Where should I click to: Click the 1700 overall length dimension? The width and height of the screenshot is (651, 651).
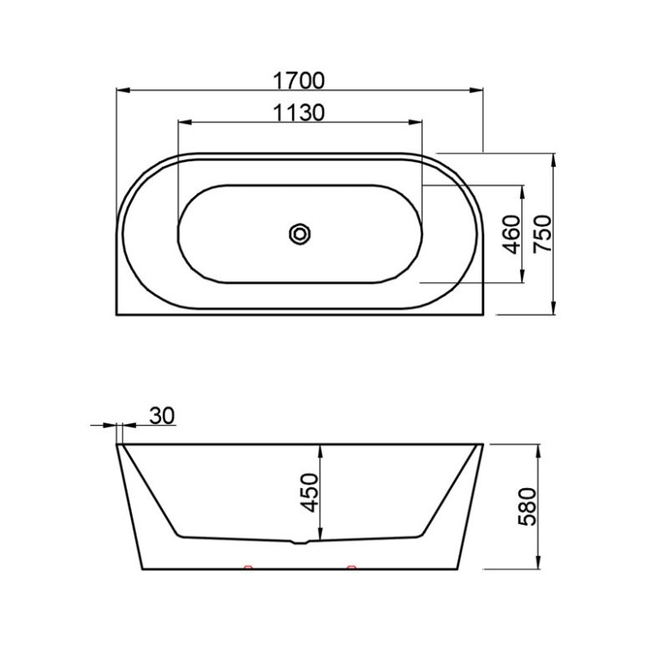point(299,81)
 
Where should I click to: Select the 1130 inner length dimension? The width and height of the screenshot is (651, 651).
point(299,113)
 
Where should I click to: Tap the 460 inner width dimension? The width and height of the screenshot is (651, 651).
point(512,235)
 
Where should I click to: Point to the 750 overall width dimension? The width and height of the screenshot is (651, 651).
point(543,234)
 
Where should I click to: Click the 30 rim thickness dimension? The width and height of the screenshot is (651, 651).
point(163,416)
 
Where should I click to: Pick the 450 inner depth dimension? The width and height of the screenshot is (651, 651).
point(310,492)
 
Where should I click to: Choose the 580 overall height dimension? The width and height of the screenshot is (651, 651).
point(527,507)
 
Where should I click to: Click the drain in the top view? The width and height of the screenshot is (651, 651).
point(300,235)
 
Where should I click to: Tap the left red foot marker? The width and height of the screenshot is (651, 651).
point(248,567)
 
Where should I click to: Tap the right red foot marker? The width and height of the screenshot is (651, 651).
point(351,567)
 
